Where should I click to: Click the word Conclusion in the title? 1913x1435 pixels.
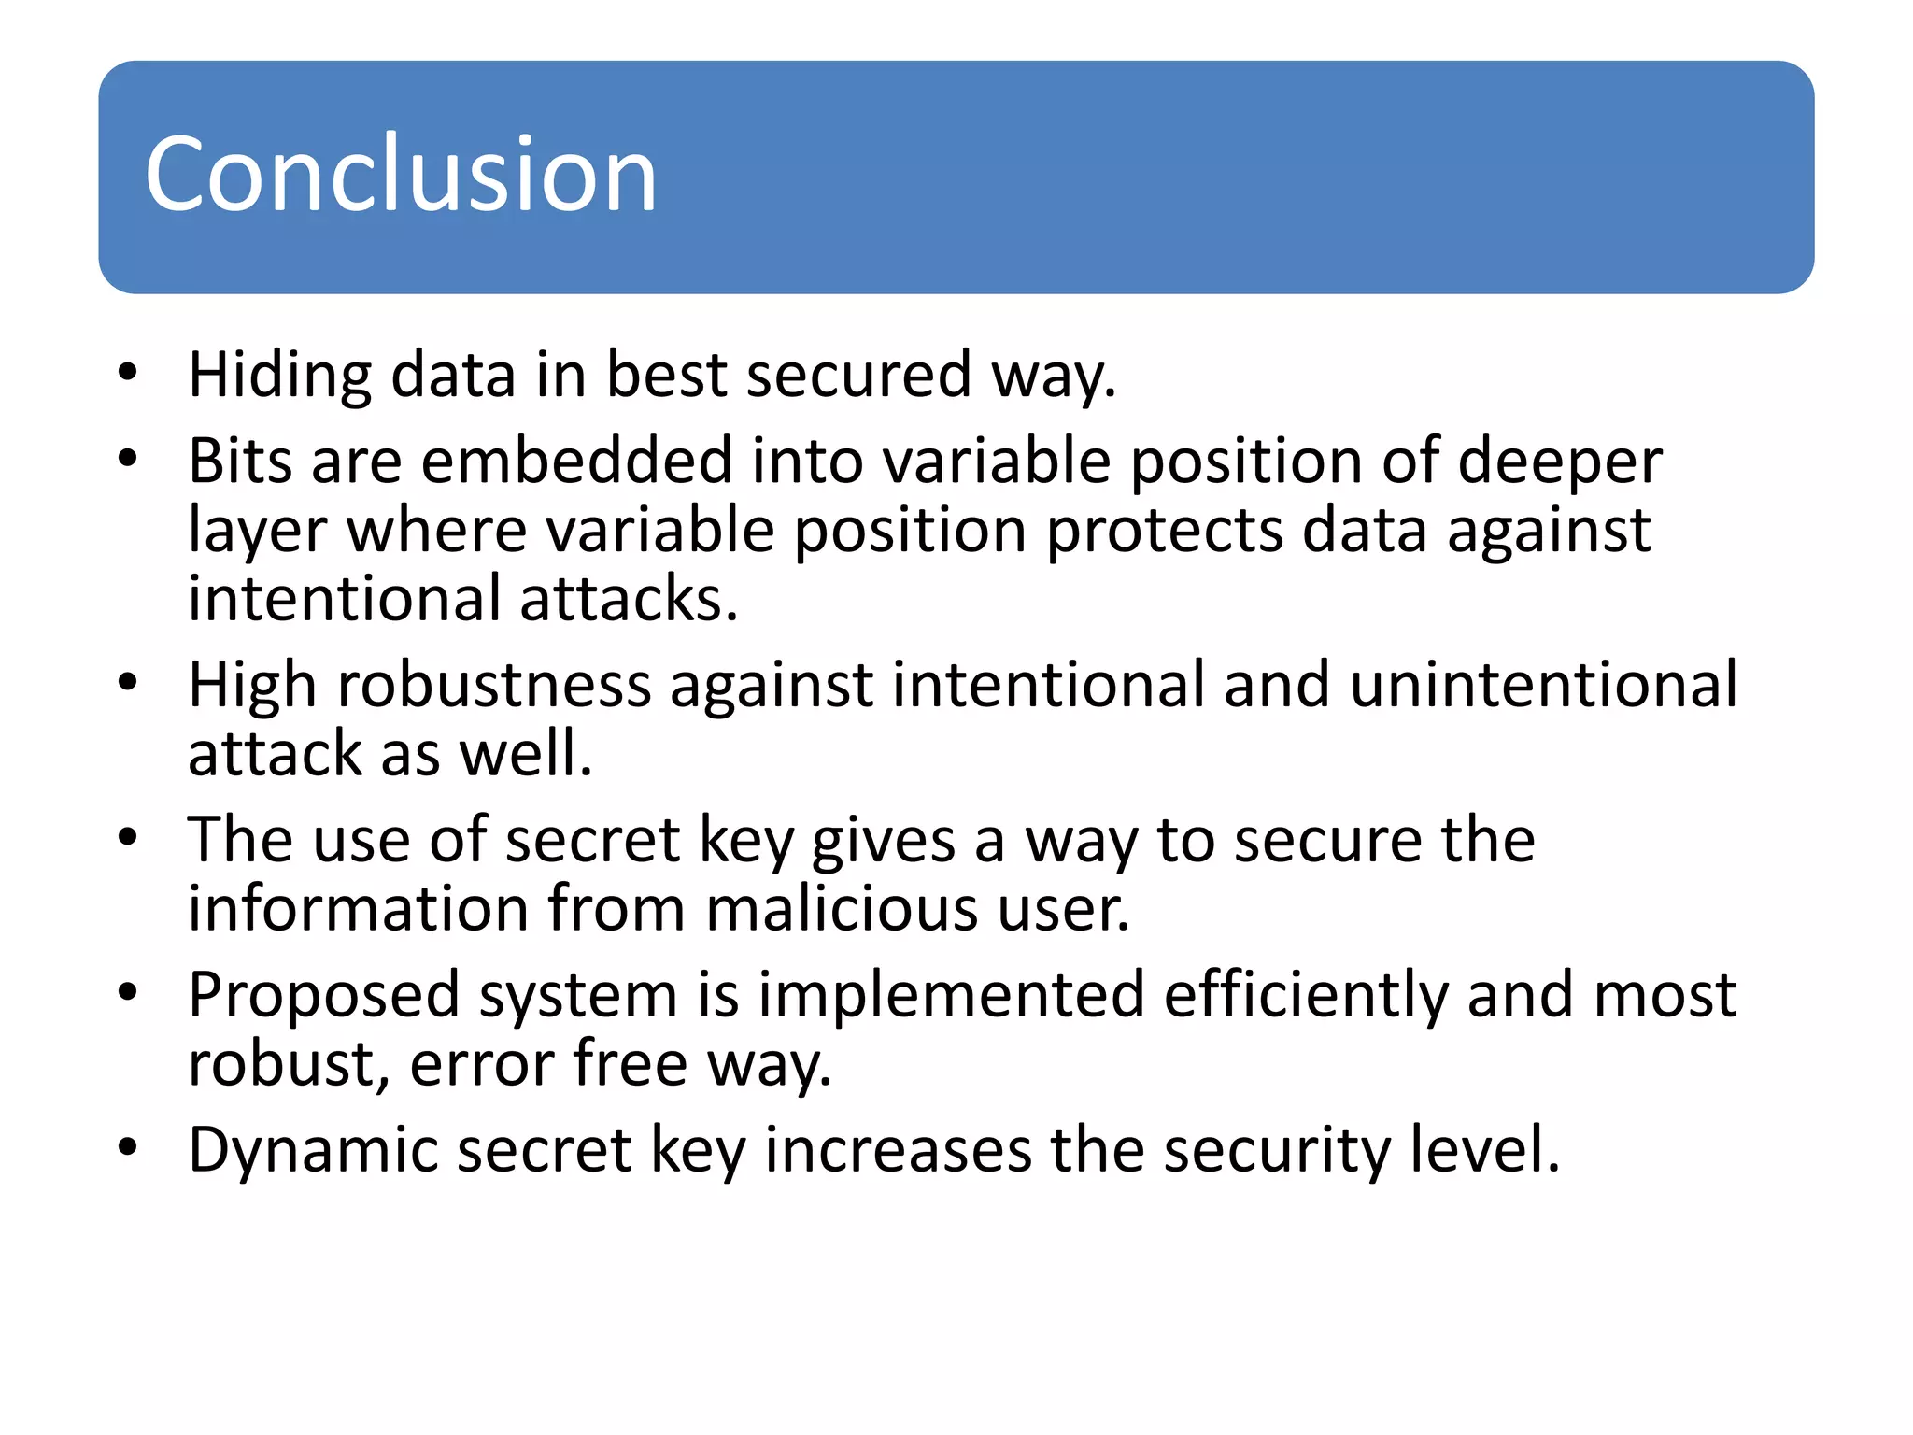[x=401, y=175]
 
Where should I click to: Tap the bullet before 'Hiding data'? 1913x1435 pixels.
[x=128, y=373]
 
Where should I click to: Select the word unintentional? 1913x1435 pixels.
[x=1543, y=685]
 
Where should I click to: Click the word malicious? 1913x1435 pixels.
[x=842, y=909]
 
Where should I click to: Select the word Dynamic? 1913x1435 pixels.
[x=313, y=1151]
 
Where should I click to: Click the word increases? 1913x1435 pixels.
[x=898, y=1150]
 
